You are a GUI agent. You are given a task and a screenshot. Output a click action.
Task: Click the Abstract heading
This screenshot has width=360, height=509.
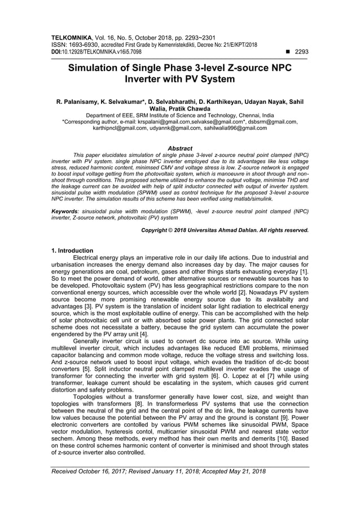tap(180, 147)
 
